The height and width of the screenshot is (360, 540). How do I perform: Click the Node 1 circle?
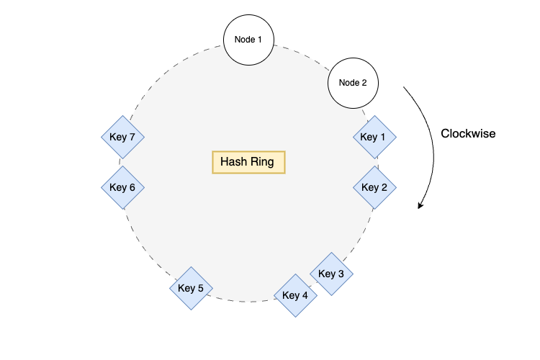click(248, 38)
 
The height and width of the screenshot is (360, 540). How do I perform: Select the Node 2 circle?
click(353, 82)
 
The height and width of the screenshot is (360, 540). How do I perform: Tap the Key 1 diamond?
click(375, 137)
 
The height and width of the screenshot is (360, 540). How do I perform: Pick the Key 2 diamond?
click(375, 187)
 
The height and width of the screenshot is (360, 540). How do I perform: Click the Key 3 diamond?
click(332, 274)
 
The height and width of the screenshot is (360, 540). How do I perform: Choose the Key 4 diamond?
click(296, 295)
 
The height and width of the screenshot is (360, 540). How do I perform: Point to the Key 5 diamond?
click(192, 289)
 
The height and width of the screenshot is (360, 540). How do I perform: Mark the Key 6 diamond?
click(123, 187)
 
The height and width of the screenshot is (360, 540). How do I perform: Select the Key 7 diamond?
click(123, 137)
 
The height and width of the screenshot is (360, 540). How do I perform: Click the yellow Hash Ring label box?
click(248, 162)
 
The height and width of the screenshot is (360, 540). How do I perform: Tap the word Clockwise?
click(468, 133)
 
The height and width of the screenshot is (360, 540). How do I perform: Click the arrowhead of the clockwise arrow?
click(420, 207)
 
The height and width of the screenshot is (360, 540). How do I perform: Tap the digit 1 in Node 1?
click(260, 38)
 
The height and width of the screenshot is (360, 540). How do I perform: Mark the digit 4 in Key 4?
click(305, 295)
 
